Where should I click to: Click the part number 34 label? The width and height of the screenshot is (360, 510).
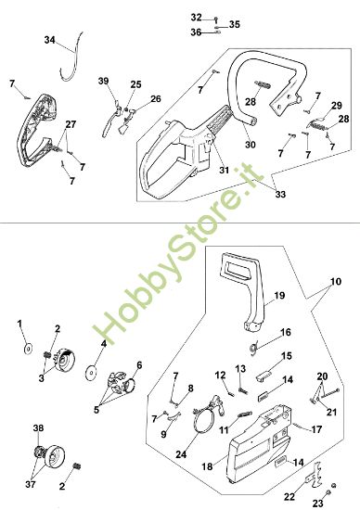pyautogui.click(x=50, y=40)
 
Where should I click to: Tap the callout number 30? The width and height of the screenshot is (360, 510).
pyautogui.click(x=250, y=144)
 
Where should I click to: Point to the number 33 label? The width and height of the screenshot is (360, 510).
pyautogui.click(x=280, y=194)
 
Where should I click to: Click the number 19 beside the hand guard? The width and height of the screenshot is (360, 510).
pyautogui.click(x=279, y=295)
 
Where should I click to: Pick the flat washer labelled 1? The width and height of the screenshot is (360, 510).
pyautogui.click(x=29, y=349)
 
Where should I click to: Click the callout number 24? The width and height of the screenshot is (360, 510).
pyautogui.click(x=181, y=453)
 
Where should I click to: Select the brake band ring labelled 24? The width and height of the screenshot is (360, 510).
pyautogui.click(x=200, y=419)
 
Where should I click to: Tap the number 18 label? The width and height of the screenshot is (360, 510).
pyautogui.click(x=207, y=466)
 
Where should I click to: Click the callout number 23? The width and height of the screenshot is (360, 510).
pyautogui.click(x=318, y=504)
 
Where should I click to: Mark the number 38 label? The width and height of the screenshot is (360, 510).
pyautogui.click(x=38, y=428)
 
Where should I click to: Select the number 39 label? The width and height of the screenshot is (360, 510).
pyautogui.click(x=104, y=81)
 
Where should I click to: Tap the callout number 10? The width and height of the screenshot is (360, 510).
pyautogui.click(x=336, y=281)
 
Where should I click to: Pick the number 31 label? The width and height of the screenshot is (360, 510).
pyautogui.click(x=224, y=170)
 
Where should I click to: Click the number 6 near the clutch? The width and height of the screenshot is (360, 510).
pyautogui.click(x=139, y=365)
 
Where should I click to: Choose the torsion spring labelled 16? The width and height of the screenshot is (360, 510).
pyautogui.click(x=254, y=348)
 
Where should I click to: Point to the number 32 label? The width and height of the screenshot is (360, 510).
pyautogui.click(x=196, y=18)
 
